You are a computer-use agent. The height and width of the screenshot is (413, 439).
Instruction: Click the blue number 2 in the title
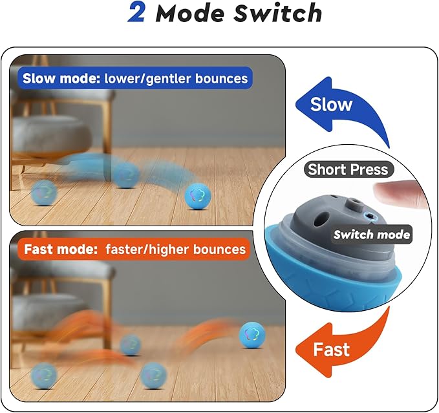point(136,12)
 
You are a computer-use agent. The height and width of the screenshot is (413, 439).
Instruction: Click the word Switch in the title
point(278,12)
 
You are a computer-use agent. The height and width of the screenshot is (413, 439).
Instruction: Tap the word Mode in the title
point(190,13)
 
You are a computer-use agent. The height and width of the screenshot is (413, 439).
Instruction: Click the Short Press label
point(348,169)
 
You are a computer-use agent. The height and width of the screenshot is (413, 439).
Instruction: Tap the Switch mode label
point(372,235)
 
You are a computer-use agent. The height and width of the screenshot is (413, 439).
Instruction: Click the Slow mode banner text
point(135,78)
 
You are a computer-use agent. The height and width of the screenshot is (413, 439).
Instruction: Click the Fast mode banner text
point(134,249)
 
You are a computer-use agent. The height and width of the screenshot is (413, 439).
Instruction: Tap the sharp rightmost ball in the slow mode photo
point(198,196)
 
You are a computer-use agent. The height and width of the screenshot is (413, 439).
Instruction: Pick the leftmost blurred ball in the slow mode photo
point(43,193)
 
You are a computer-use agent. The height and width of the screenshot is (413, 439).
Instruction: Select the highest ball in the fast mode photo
point(252,335)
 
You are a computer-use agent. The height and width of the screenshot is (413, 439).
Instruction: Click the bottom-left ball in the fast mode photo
point(43,376)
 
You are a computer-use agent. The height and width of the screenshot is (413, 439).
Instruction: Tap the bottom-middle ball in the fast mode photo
point(153,376)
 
